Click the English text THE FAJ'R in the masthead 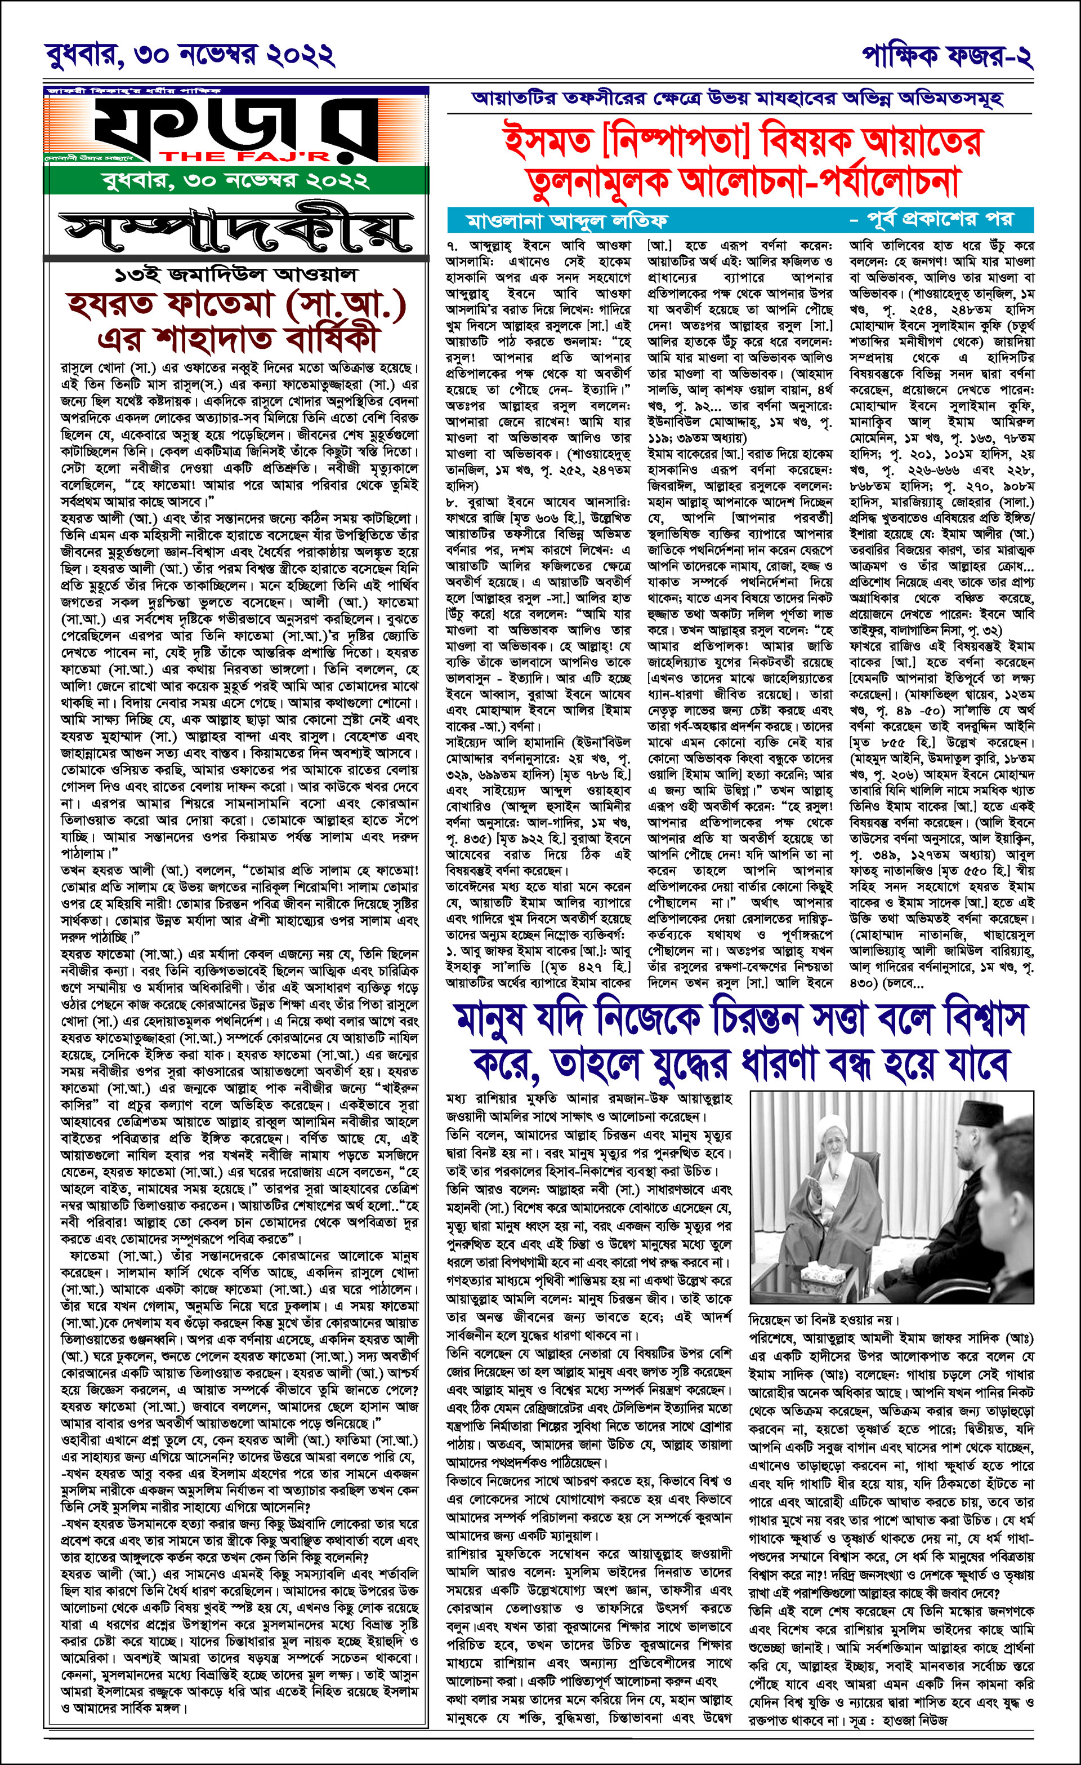point(244,156)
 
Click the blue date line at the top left point(190,55)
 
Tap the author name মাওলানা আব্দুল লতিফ point(566,219)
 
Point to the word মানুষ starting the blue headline point(498,1019)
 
